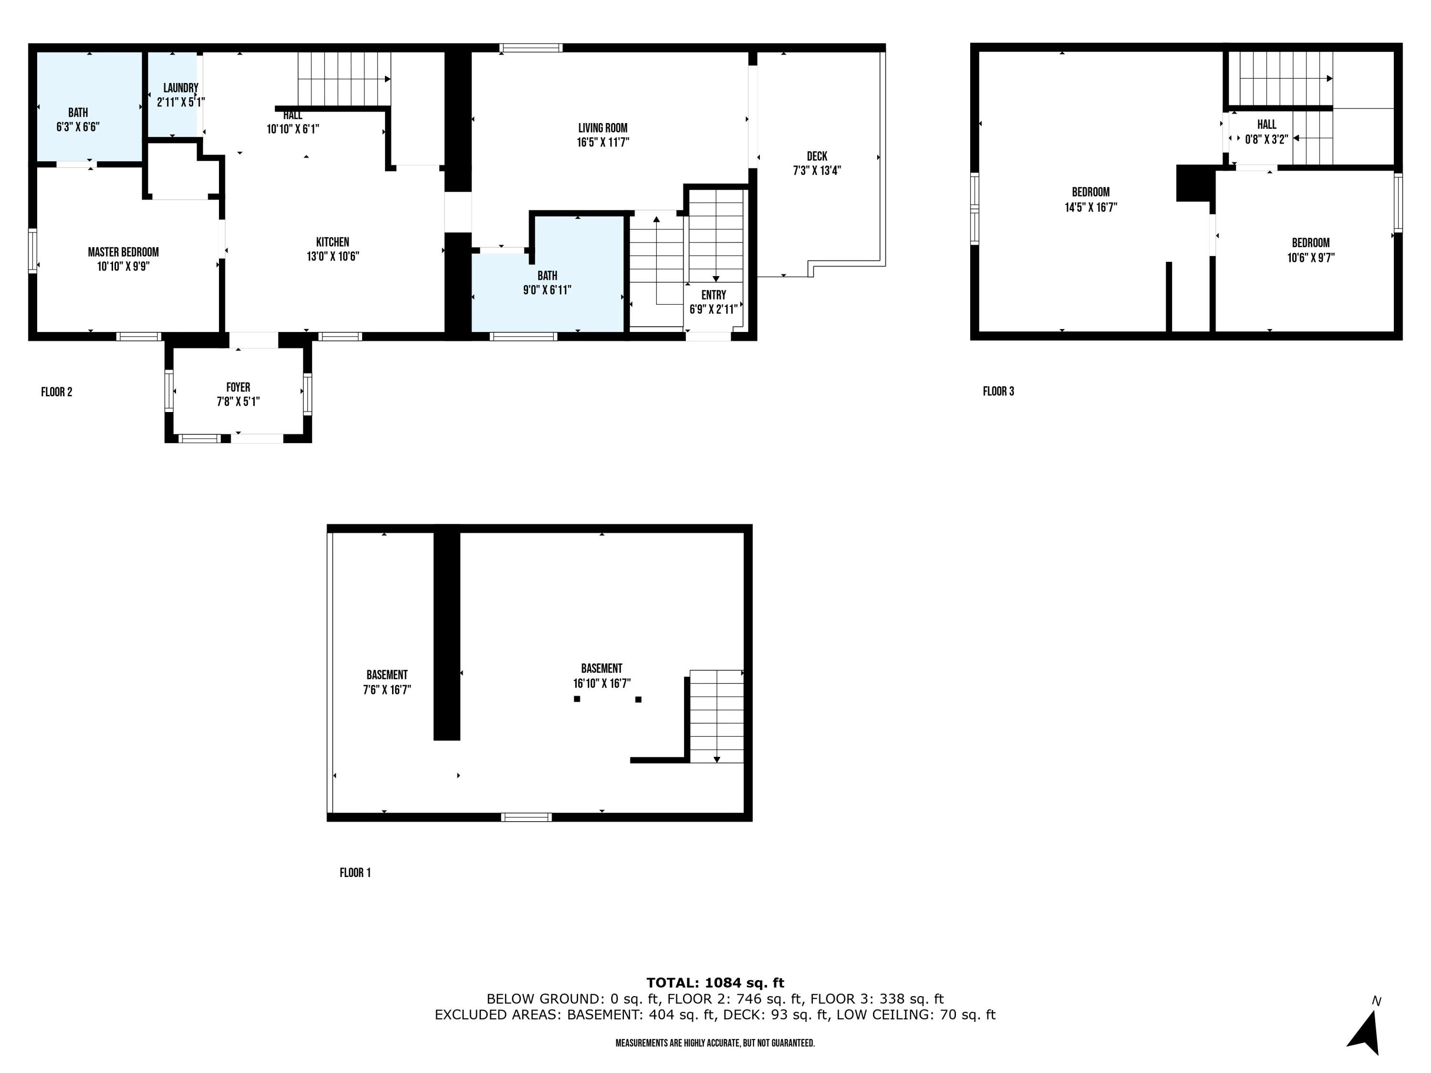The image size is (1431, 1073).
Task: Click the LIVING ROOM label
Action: coord(602,128)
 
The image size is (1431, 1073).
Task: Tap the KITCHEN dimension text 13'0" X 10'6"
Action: coord(332,257)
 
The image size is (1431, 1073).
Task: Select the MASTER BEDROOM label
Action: coord(123,252)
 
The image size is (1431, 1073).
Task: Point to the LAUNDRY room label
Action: coord(180,88)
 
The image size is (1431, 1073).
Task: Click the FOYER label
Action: coord(238,387)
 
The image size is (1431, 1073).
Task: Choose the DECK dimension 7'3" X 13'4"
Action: coord(817,171)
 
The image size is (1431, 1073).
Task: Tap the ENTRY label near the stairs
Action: coord(714,295)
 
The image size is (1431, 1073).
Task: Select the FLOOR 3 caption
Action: coord(998,392)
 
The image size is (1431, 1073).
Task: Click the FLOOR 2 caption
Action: coord(56,392)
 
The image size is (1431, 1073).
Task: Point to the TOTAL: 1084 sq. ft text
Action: coord(715,982)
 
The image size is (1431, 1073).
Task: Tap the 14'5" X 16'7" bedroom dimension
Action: coord(1091,207)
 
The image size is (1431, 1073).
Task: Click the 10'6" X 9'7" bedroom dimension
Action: coord(1311,258)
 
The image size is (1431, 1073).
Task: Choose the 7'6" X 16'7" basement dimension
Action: coord(387,690)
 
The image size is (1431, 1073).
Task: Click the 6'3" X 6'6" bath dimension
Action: coord(78,127)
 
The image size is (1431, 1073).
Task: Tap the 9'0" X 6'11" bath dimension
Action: coord(547,290)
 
